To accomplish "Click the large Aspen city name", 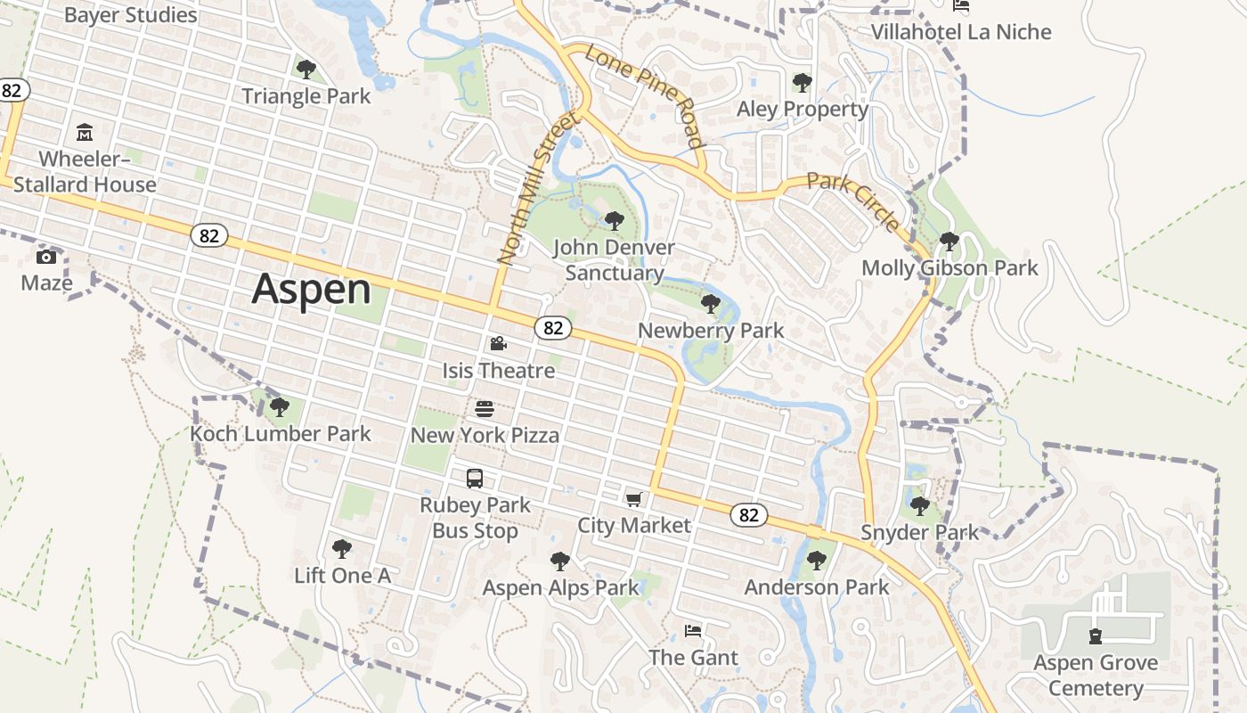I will point(311,290).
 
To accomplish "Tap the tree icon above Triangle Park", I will point(306,69).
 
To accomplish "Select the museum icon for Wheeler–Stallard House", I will point(85,133).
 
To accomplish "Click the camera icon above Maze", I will point(46,257).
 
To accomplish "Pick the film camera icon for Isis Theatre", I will point(498,343).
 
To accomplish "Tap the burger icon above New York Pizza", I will point(485,409).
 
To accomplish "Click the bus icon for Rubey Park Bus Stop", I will point(475,479).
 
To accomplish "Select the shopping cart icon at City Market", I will point(633,499).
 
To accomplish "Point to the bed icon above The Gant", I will point(693,631).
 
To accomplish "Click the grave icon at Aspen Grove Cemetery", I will point(1095,636).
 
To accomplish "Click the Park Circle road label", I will point(853,201).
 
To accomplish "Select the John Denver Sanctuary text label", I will point(615,260).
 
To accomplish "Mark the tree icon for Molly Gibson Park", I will point(949,241).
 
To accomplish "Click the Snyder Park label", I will point(919,533).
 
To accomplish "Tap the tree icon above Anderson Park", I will point(816,561).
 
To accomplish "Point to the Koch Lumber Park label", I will point(281,434).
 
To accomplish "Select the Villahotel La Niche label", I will point(961,32).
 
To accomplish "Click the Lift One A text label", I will point(342,576).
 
